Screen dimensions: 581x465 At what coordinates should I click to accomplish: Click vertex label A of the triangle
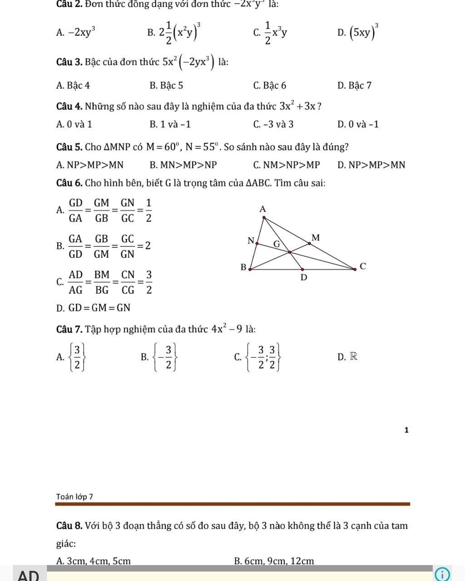(x=262, y=209)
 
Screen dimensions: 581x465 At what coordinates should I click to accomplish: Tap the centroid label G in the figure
(x=276, y=244)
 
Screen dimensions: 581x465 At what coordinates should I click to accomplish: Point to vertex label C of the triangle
(x=362, y=266)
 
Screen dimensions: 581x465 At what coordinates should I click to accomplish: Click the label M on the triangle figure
(x=316, y=237)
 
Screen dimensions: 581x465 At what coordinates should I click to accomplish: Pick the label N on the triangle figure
(x=250, y=241)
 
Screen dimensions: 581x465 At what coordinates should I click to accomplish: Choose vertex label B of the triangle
(x=243, y=267)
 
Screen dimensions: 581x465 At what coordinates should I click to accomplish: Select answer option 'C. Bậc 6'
(x=270, y=85)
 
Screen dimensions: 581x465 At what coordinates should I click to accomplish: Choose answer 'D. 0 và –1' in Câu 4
(x=358, y=124)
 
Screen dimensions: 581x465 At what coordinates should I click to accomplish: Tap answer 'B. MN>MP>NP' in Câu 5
(x=183, y=165)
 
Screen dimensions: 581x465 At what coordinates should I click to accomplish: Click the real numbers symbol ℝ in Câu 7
(x=353, y=357)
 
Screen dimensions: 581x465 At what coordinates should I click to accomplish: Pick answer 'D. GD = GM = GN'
(x=93, y=308)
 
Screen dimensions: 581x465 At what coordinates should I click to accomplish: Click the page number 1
(x=406, y=430)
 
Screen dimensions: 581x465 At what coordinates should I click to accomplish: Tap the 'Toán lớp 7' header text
(x=74, y=497)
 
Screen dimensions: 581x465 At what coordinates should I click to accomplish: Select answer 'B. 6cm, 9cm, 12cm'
(x=274, y=561)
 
